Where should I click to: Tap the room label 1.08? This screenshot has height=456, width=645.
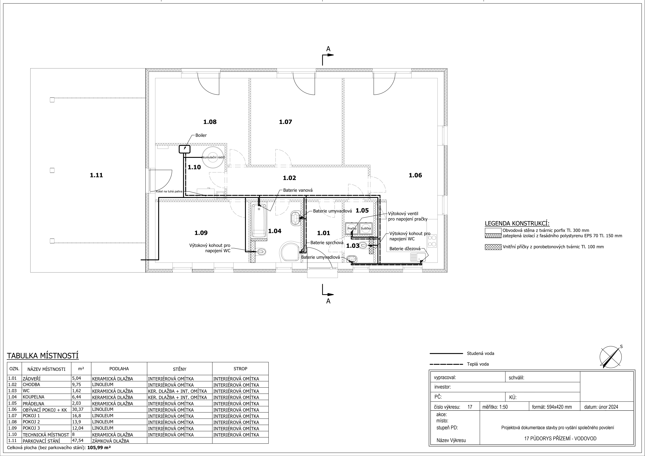click(210, 122)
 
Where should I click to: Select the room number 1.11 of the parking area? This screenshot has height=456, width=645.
click(96, 175)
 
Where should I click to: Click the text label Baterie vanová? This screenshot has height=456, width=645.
click(298, 190)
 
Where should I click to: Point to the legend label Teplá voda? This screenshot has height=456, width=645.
click(478, 364)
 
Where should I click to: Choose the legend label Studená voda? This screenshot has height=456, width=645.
click(480, 354)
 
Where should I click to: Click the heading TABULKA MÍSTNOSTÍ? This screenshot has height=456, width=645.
click(43, 356)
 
